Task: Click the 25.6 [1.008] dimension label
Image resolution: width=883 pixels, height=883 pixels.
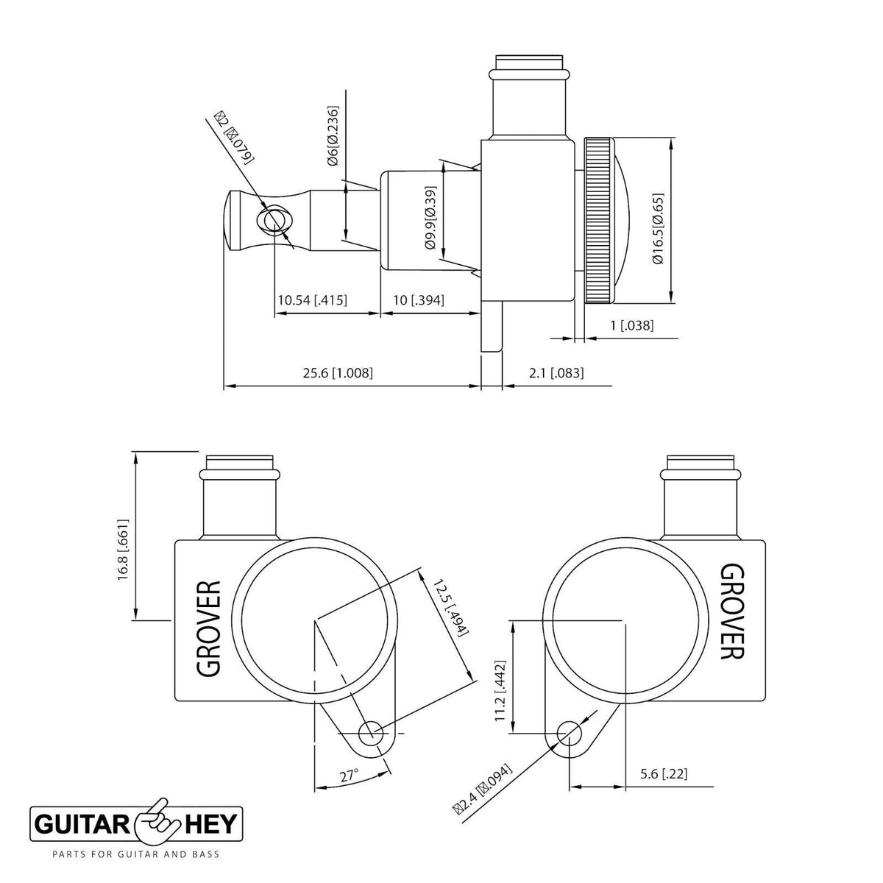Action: pyautogui.click(x=338, y=373)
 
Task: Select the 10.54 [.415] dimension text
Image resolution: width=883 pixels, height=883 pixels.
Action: pyautogui.click(x=312, y=300)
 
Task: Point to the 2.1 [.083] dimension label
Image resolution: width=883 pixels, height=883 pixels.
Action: pyautogui.click(x=556, y=373)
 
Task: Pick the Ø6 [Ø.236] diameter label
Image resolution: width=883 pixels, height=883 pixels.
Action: pyautogui.click(x=333, y=136)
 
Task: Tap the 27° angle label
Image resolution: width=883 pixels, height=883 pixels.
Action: pyautogui.click(x=349, y=776)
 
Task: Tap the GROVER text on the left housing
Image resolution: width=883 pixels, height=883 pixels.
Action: pyautogui.click(x=209, y=628)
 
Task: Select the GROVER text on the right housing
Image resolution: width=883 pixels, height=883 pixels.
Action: pyautogui.click(x=731, y=611)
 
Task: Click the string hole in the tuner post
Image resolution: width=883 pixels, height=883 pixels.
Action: pyautogui.click(x=274, y=220)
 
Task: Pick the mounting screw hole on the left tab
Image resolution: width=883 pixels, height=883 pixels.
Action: pyautogui.click(x=370, y=733)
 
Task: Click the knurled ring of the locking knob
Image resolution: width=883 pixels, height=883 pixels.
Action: pyautogui.click(x=599, y=221)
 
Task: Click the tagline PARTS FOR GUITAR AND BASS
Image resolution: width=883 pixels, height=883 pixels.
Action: pyautogui.click(x=135, y=855)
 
